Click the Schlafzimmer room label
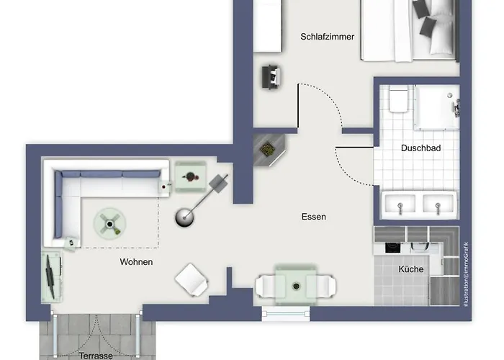pyautogui.click(x=327, y=37)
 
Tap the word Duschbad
pyautogui.click(x=420, y=148)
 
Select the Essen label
pyautogui.click(x=314, y=217)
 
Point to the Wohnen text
pyautogui.click(x=136, y=262)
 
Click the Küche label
pyautogui.click(x=411, y=269)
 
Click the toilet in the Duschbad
pyautogui.click(x=397, y=100)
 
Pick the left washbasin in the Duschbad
pyautogui.click(x=401, y=204)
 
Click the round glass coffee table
pyautogui.click(x=110, y=224)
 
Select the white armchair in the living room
pyautogui.click(x=192, y=279)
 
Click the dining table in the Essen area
pyautogui.click(x=295, y=284)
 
